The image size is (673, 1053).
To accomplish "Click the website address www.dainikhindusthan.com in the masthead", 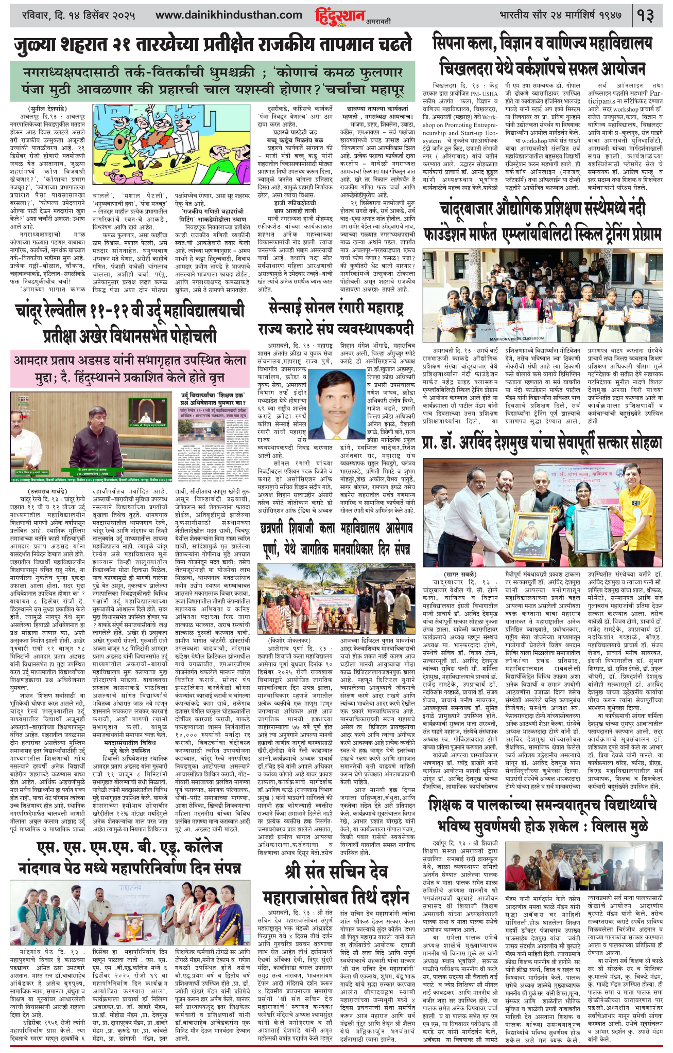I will click(x=229, y=15).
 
